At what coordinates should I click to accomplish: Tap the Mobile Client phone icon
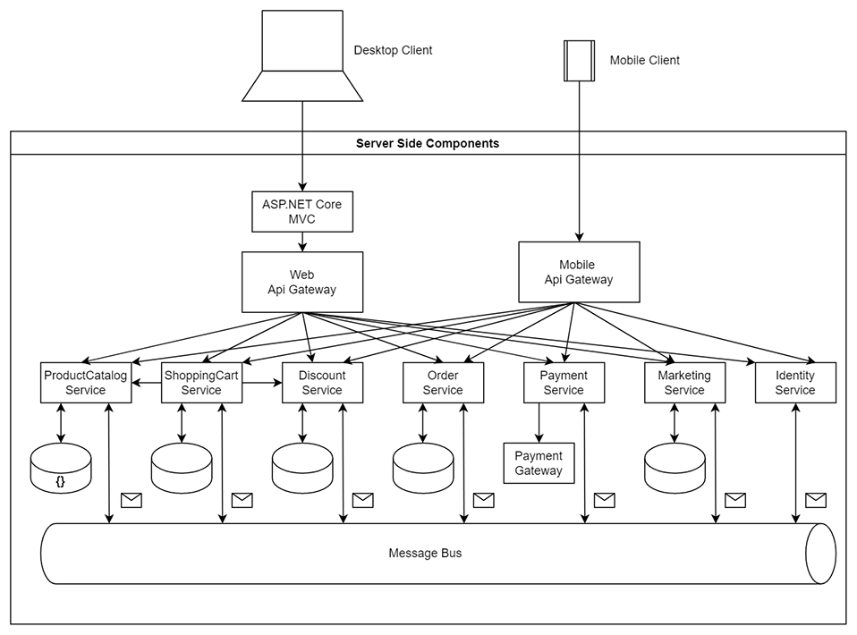point(579,60)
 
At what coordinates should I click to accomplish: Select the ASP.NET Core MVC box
point(302,211)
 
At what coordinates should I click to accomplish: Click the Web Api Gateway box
point(302,282)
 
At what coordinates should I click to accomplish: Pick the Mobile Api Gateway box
point(579,272)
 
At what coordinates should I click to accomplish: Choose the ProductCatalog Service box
point(86,383)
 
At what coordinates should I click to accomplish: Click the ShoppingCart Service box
point(201,383)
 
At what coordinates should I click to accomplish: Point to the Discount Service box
point(322,383)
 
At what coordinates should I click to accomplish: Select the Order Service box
point(443,383)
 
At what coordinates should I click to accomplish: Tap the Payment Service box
point(564,383)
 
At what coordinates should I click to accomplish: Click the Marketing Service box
point(684,383)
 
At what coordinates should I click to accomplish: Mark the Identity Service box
point(795,383)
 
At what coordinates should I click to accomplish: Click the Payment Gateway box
point(539,463)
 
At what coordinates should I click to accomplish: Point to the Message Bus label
point(425,554)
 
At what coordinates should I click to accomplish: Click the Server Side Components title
point(428,143)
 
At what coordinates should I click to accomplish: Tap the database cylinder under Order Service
point(423,469)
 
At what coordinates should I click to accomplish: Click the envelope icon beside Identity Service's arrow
point(815,500)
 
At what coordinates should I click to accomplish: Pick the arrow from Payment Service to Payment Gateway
point(539,422)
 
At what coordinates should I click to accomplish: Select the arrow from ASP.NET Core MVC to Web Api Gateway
point(302,241)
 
